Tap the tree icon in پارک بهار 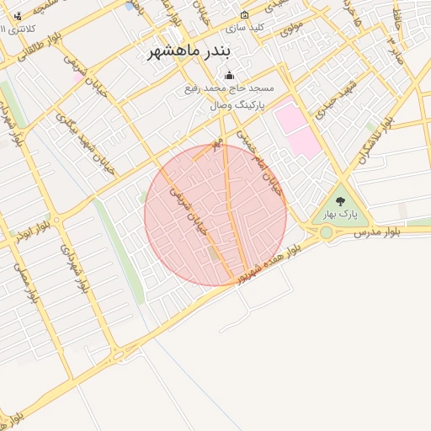340,201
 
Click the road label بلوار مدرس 375,230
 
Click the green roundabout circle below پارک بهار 326,231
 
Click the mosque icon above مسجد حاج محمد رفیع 229,75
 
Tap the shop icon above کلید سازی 245,14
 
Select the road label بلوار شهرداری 73,268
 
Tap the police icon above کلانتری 19,16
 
